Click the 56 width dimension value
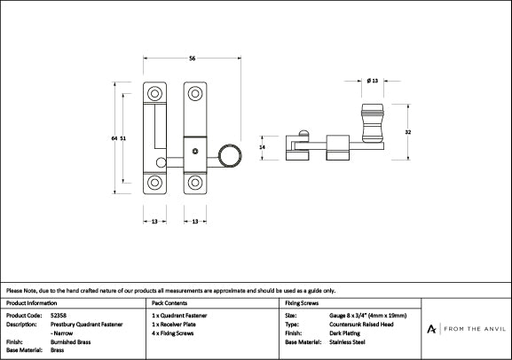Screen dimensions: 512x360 pyautogui.click(x=192, y=59)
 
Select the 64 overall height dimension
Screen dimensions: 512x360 pyautogui.click(x=114, y=138)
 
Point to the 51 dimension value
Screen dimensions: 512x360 pyautogui.click(x=122, y=138)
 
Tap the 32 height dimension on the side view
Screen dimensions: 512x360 pyautogui.click(x=408, y=132)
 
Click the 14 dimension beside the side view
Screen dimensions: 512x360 pyautogui.click(x=262, y=147)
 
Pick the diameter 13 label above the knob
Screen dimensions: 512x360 pyautogui.click(x=373, y=81)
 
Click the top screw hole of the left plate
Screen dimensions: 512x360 pyautogui.click(x=154, y=94)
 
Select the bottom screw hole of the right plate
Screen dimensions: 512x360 pyautogui.click(x=195, y=183)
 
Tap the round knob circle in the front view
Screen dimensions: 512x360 pyautogui.click(x=230, y=156)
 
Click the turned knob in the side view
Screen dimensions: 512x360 pyautogui.click(x=373, y=123)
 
